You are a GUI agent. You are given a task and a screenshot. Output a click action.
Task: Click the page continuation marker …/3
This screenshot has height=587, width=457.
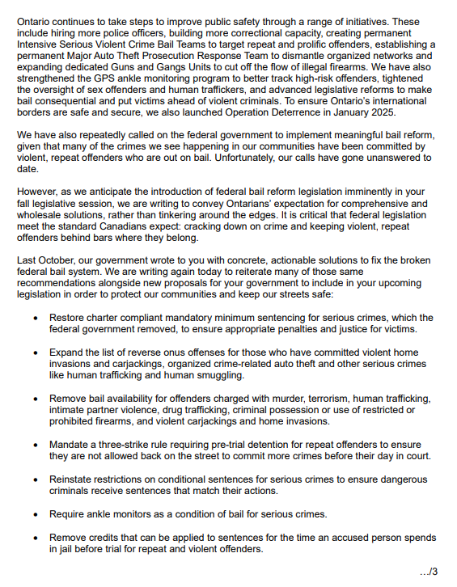pos(429,572)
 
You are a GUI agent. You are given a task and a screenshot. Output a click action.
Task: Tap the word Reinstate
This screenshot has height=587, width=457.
pos(75,479)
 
